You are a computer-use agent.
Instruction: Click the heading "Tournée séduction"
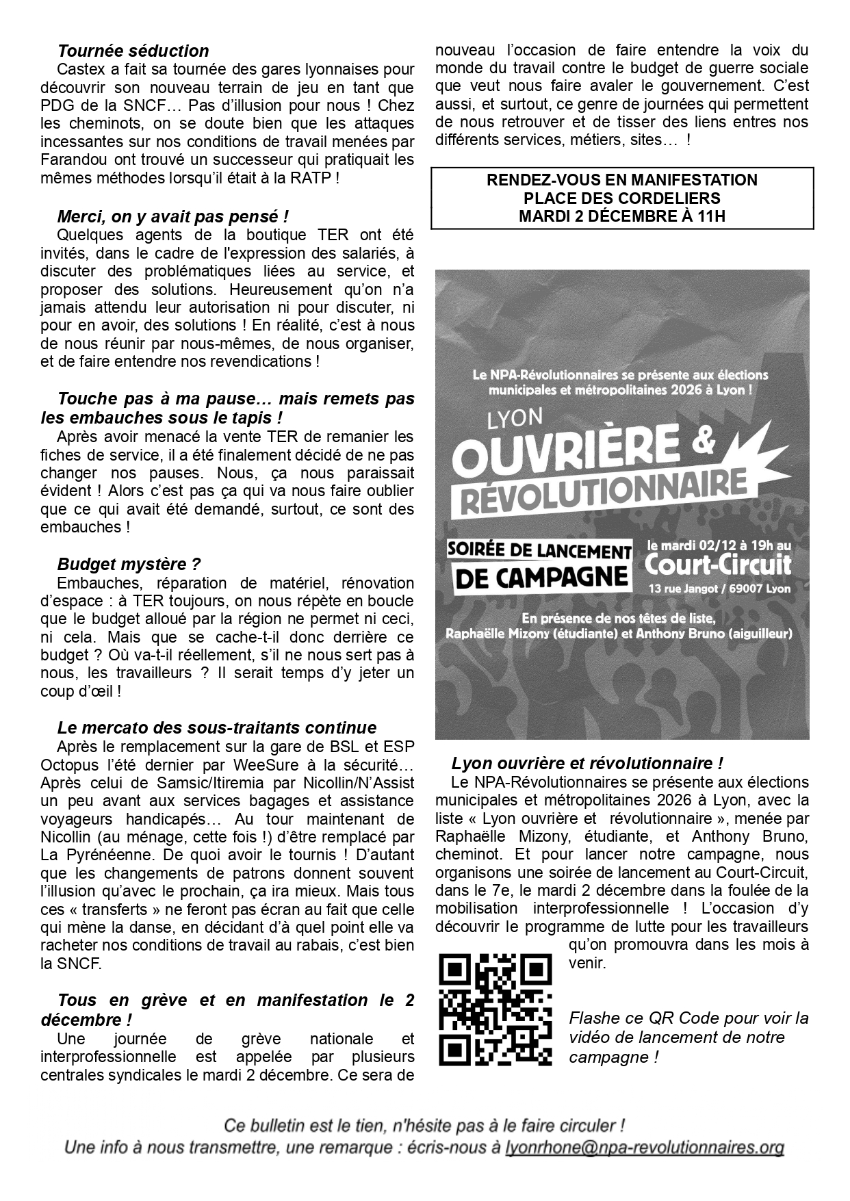(133, 51)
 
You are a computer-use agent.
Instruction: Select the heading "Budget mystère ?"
(129, 565)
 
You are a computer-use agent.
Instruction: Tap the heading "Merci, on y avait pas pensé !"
(173, 217)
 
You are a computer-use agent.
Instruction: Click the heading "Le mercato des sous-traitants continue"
(217, 727)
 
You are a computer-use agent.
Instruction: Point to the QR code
(495, 1009)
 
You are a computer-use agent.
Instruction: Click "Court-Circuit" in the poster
(717, 565)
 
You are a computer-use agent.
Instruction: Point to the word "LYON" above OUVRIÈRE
(515, 418)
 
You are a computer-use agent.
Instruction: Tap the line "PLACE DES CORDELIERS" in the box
(621, 198)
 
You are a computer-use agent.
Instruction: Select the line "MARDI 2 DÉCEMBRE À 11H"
(621, 216)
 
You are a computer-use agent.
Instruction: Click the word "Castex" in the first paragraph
(80, 69)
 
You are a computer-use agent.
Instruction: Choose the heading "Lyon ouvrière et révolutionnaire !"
(587, 763)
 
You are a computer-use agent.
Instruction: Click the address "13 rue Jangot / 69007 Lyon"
(719, 589)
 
